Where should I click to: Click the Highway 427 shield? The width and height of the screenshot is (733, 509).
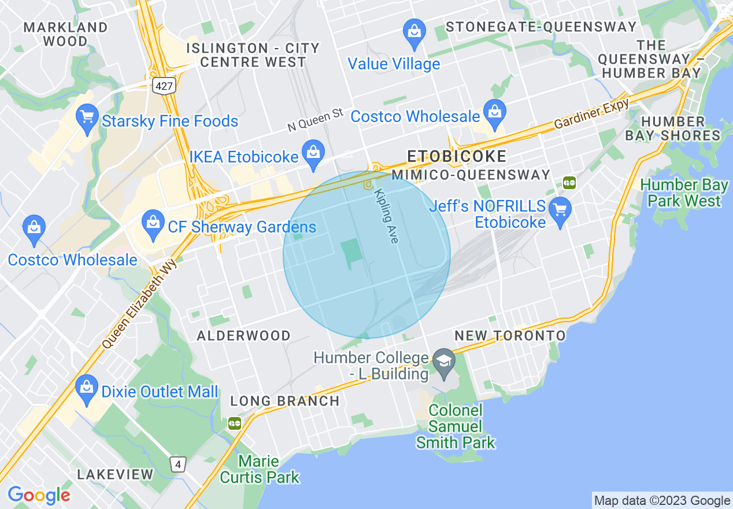[x=164, y=86]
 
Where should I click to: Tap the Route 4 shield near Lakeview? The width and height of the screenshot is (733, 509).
[x=179, y=464]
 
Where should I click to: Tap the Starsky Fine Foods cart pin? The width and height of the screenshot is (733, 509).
[x=87, y=120]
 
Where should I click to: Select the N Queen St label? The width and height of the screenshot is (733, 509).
[x=316, y=119]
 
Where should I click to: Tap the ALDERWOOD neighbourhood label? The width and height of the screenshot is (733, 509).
[x=243, y=336]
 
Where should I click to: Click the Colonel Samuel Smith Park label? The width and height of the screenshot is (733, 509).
[x=456, y=427]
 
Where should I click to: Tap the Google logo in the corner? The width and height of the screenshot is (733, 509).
[x=39, y=495]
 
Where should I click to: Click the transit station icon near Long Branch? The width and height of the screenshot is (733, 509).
[x=234, y=423]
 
